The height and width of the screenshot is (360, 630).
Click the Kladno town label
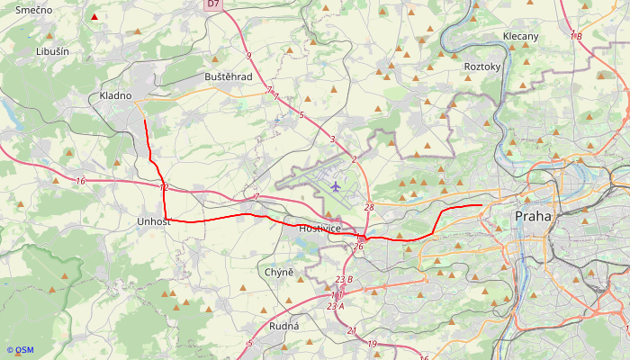[x=115, y=95]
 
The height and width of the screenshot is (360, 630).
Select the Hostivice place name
[x=319, y=229]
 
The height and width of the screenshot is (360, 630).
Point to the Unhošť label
[x=153, y=221]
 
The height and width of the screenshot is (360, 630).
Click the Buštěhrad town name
[x=229, y=77]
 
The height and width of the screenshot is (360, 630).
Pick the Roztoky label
[x=481, y=67]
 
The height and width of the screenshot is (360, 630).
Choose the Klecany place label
[x=520, y=37]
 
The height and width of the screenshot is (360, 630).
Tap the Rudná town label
[x=284, y=327]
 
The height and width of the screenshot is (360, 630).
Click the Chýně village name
[x=280, y=273]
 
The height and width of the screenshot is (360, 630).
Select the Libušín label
[x=52, y=51]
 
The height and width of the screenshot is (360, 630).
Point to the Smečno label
[x=33, y=9]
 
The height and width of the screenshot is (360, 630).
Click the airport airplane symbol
[x=336, y=187]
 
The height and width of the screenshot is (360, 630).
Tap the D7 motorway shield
[x=212, y=4]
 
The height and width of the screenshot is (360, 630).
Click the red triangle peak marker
[x=94, y=17]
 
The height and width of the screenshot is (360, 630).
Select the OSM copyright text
[x=20, y=350]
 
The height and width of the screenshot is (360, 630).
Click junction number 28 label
[x=369, y=208]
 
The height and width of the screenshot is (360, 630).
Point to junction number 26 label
[x=358, y=247]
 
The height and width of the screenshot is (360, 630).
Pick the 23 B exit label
[x=343, y=280]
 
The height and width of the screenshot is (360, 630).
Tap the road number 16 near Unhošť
[x=81, y=182]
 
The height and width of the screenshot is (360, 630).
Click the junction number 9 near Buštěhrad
[x=248, y=56]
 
